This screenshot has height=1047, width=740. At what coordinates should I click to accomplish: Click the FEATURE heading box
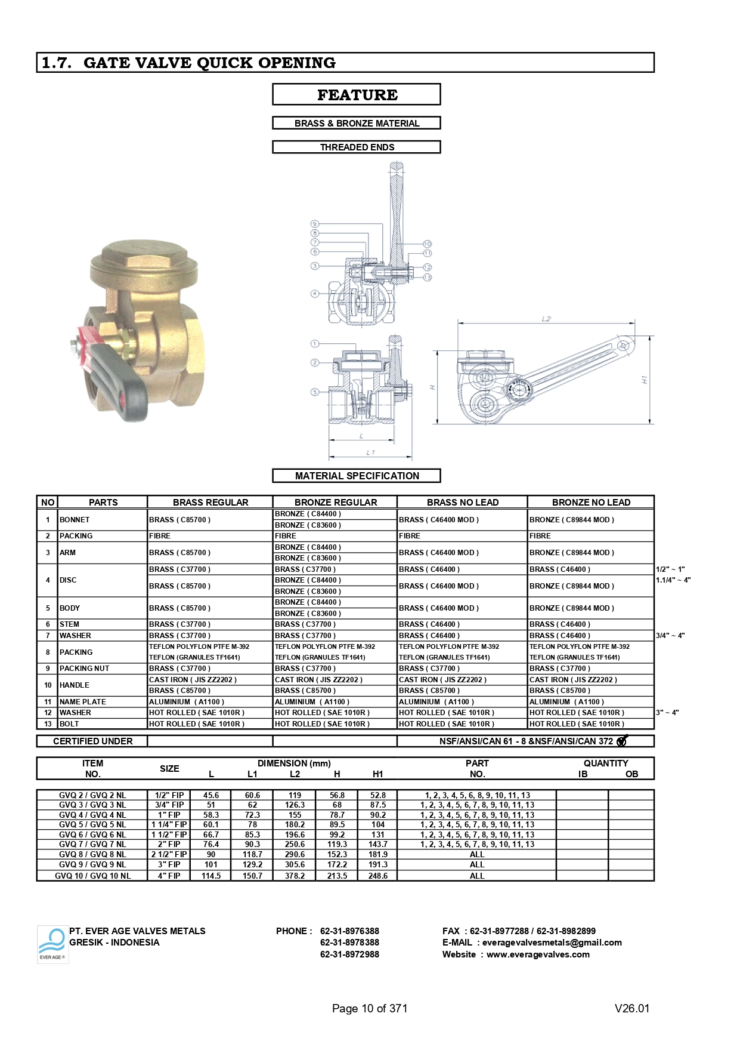pyautogui.click(x=357, y=94)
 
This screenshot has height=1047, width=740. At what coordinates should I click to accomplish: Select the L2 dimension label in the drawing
pyautogui.click(x=546, y=319)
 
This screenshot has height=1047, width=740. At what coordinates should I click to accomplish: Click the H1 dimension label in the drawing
pyautogui.click(x=644, y=380)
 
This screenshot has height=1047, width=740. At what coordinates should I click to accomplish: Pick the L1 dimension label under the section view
pyautogui.click(x=370, y=452)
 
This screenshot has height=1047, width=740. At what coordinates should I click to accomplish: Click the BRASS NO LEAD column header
pyautogui.click(x=462, y=502)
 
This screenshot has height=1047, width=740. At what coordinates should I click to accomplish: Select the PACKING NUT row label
pyautogui.click(x=84, y=669)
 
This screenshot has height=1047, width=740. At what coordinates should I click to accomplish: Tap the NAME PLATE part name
pyautogui.click(x=82, y=702)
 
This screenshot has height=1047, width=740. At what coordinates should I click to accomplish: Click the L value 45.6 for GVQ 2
pyautogui.click(x=211, y=795)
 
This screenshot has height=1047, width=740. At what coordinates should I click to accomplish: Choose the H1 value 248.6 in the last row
pyautogui.click(x=378, y=876)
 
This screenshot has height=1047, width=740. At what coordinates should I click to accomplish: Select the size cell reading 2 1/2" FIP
pyautogui.click(x=169, y=854)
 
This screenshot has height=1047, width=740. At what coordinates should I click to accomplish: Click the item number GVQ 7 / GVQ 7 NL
pyautogui.click(x=92, y=844)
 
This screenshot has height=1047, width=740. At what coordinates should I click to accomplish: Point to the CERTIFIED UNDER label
pyautogui.click(x=92, y=741)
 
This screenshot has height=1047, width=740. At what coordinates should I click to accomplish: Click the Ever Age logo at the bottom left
pyautogui.click(x=52, y=944)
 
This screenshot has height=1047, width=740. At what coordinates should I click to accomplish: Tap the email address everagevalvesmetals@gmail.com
pyautogui.click(x=552, y=943)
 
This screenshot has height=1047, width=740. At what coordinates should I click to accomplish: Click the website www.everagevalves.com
pyautogui.click(x=538, y=954)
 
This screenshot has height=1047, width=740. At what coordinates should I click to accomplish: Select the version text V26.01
pyautogui.click(x=631, y=1008)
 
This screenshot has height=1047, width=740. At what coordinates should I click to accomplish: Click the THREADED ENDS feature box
pyautogui.click(x=357, y=147)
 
